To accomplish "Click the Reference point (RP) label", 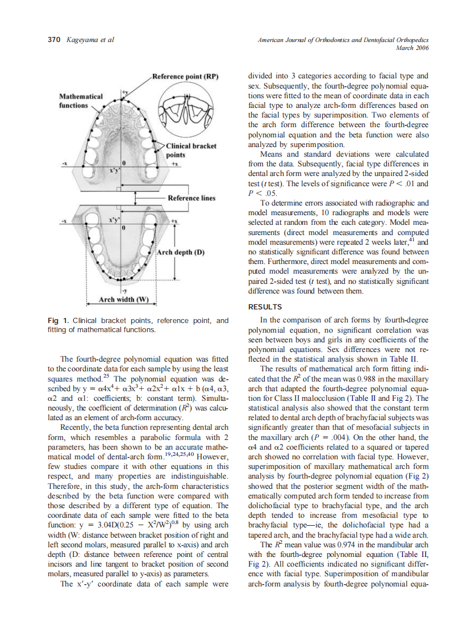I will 185,77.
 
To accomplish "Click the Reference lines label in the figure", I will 191,198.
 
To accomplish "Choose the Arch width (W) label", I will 123,299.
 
